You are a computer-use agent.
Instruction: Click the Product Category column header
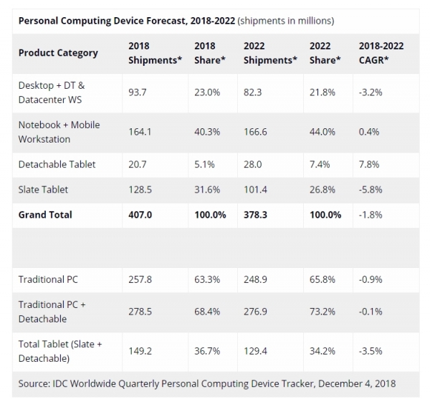point(58,53)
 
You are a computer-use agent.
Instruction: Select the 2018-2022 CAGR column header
point(381,53)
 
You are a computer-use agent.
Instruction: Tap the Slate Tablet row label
point(43,190)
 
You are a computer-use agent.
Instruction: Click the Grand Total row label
point(45,215)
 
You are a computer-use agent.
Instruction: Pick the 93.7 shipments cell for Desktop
point(138,92)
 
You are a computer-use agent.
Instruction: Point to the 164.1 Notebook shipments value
point(140,132)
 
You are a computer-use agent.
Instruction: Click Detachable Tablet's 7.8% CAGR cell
point(369,165)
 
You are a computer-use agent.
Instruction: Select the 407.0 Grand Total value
point(140,215)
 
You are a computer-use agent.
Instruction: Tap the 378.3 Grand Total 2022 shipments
point(255,215)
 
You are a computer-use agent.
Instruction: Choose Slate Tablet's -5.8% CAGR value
point(371,190)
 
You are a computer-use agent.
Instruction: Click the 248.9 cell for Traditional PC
point(255,279)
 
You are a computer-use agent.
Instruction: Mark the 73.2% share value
point(322,312)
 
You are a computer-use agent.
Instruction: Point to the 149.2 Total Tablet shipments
point(140,351)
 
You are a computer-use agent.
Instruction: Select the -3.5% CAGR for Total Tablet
point(371,351)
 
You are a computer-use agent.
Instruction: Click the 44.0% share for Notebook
point(322,132)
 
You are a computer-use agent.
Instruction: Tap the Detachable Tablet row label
point(57,165)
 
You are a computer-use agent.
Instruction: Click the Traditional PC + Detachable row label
point(52,312)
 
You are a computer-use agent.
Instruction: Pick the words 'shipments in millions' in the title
point(285,21)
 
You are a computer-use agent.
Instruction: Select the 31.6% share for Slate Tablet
point(207,190)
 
